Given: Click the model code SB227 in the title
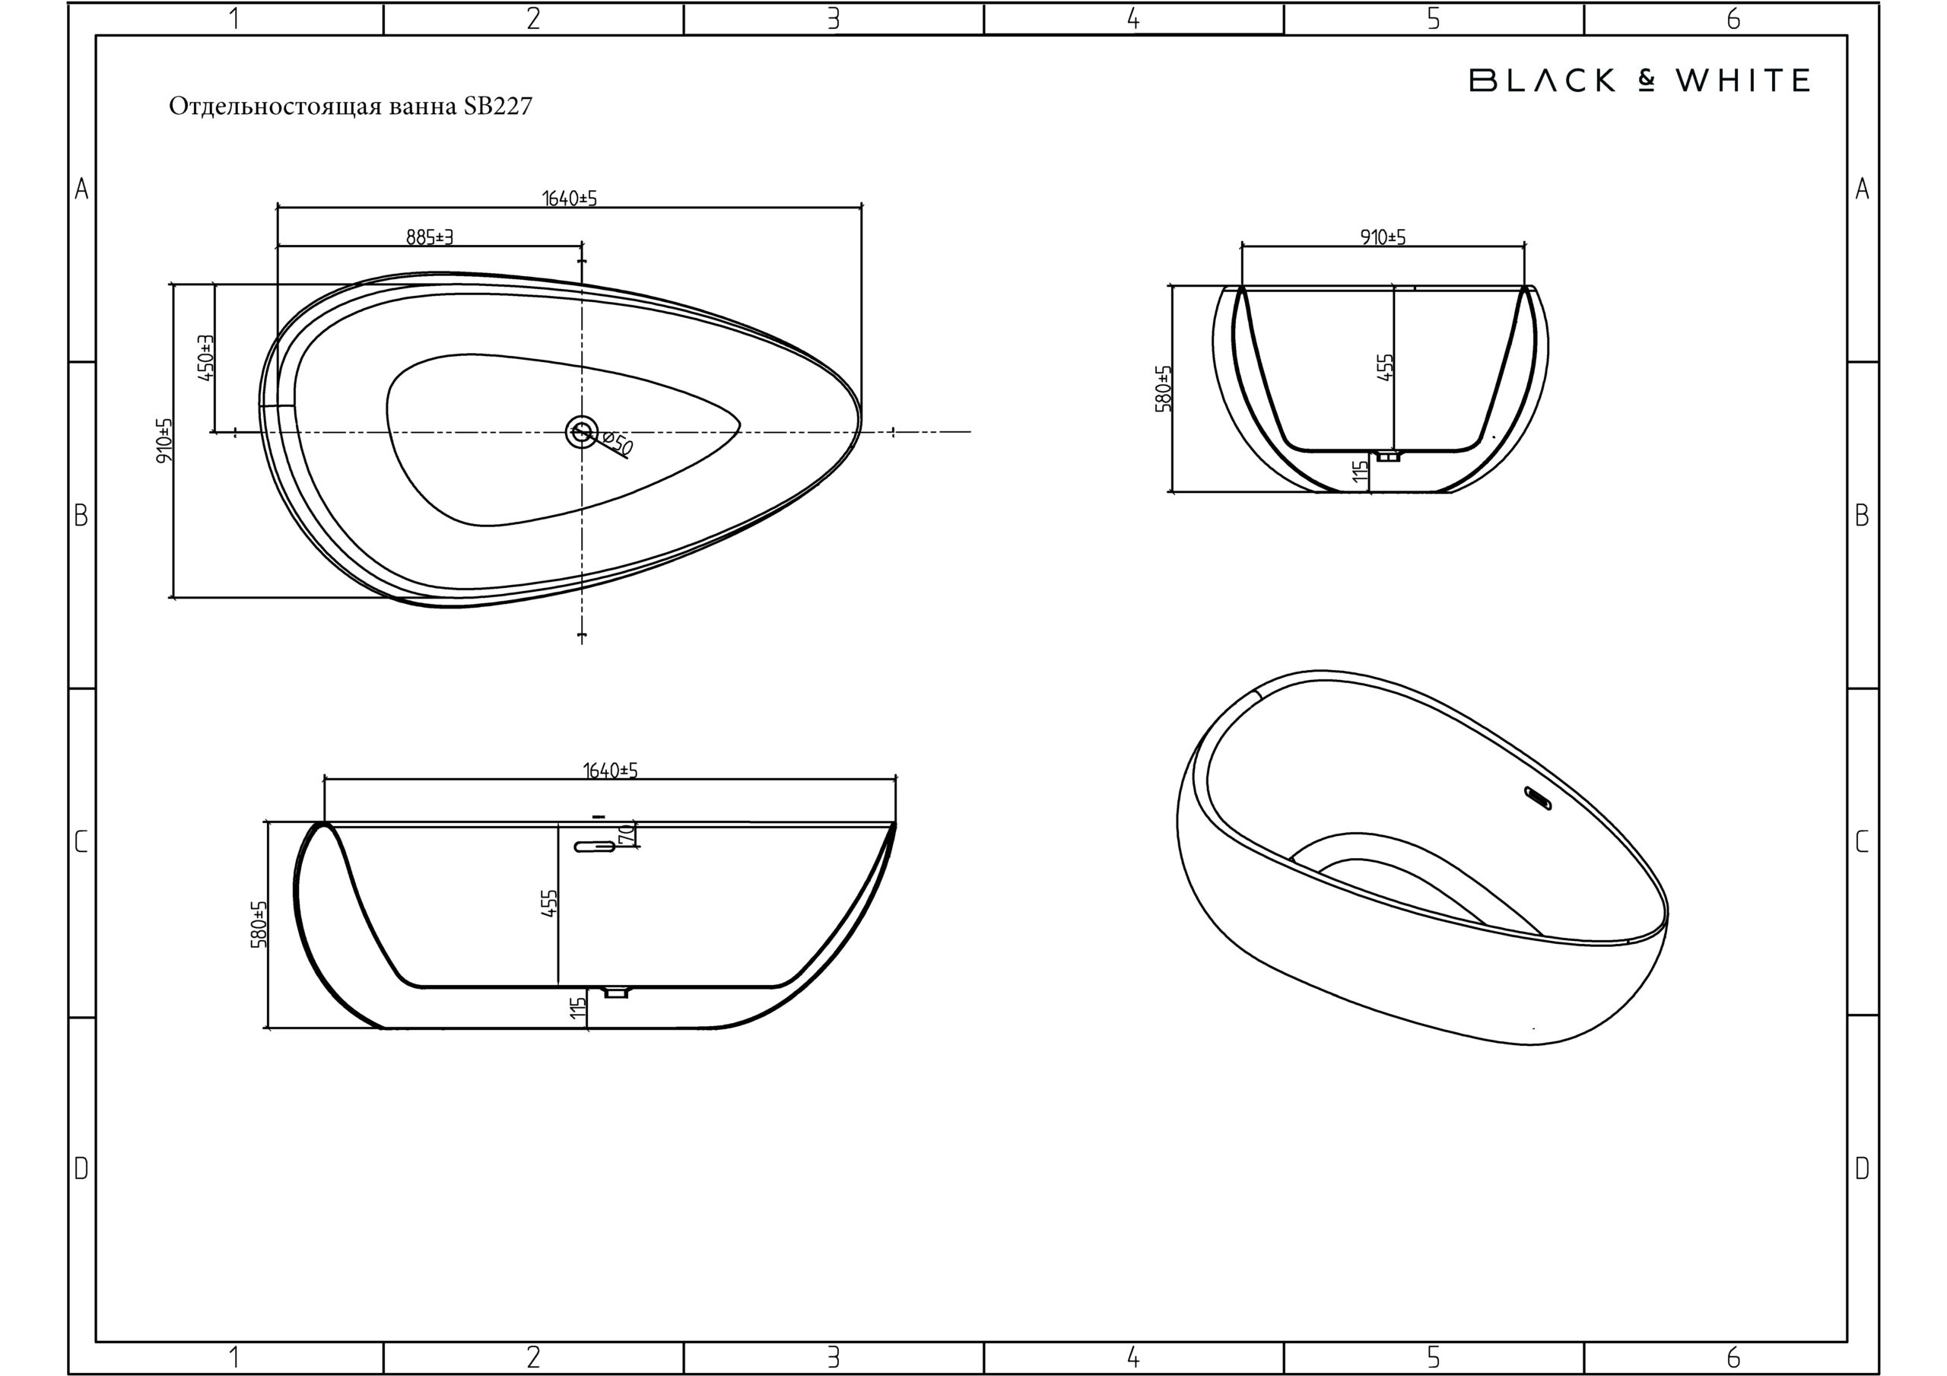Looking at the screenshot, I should (497, 106).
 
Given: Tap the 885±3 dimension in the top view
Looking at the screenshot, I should (429, 237).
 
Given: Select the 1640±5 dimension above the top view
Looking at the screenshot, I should (569, 198).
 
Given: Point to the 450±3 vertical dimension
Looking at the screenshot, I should (205, 358).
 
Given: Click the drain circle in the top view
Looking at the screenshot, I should (582, 432).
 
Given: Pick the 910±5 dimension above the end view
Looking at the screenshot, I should (1383, 237).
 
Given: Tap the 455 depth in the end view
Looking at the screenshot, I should (1386, 367).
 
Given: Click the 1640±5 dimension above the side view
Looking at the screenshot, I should (610, 771).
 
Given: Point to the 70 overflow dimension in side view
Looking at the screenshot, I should (627, 833).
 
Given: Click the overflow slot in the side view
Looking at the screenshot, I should (596, 847).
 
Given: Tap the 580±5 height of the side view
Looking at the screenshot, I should (259, 924).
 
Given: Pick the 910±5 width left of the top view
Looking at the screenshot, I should (164, 440).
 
